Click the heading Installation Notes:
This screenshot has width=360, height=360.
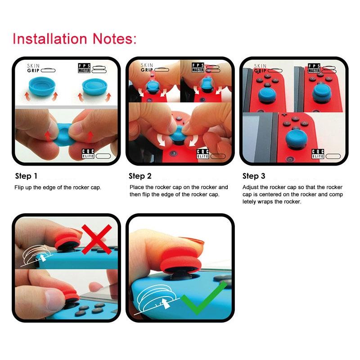click(x=74, y=38)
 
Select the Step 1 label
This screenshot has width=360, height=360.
click(x=27, y=176)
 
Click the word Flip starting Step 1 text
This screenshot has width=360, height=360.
click(x=20, y=187)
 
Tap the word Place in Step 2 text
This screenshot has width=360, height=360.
click(x=137, y=187)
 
